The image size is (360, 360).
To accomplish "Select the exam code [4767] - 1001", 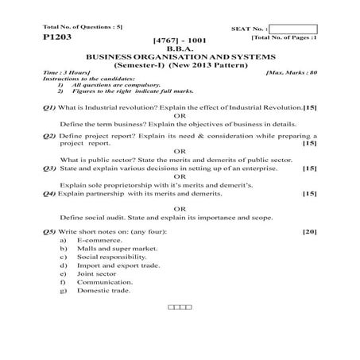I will [180, 39].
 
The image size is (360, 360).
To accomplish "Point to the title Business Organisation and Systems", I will [180, 57].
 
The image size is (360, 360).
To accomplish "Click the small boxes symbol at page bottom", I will [180, 307].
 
